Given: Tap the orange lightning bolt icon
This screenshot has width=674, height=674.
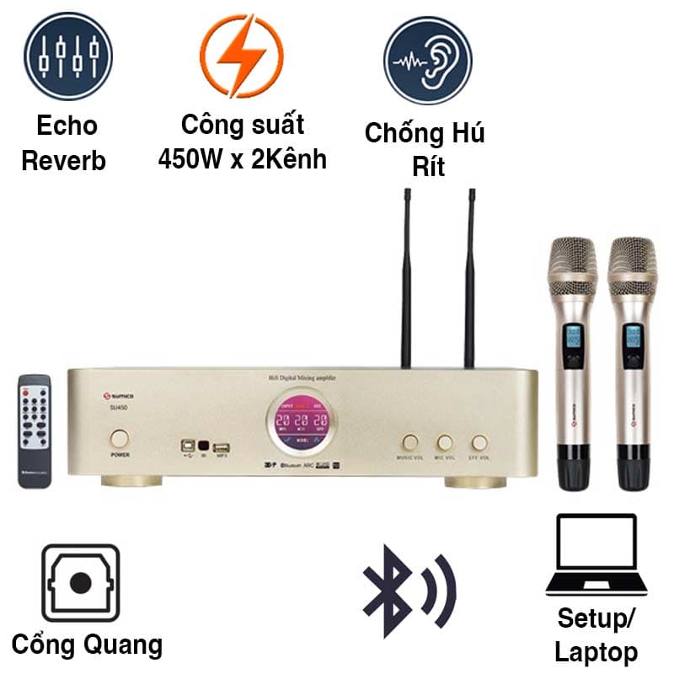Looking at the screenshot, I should pyautogui.click(x=241, y=56).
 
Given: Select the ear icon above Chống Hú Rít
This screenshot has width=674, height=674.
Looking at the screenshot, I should pyautogui.click(x=428, y=60).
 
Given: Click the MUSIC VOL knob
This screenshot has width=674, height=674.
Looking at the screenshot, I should pyautogui.click(x=410, y=442).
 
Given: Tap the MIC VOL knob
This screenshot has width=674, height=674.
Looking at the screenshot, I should pyautogui.click(x=445, y=442).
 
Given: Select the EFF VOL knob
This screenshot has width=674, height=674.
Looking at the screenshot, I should pyautogui.click(x=479, y=442).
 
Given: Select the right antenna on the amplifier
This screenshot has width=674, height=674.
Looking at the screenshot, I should pyautogui.click(x=470, y=278).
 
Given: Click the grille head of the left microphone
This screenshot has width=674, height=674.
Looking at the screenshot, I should pyautogui.click(x=572, y=265).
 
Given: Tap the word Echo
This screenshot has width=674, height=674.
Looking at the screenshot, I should pyautogui.click(x=67, y=126).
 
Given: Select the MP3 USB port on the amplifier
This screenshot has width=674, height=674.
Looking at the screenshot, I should pyautogui.click(x=222, y=447).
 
